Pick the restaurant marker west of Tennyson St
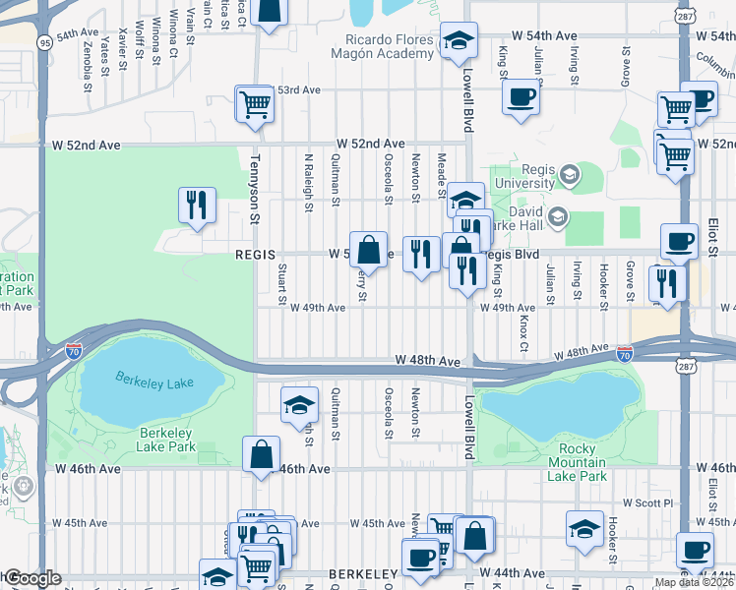196,205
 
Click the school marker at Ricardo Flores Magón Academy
458,40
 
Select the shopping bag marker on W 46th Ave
261,454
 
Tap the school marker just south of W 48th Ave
299,404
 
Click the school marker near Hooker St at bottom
584,528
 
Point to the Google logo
31,578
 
